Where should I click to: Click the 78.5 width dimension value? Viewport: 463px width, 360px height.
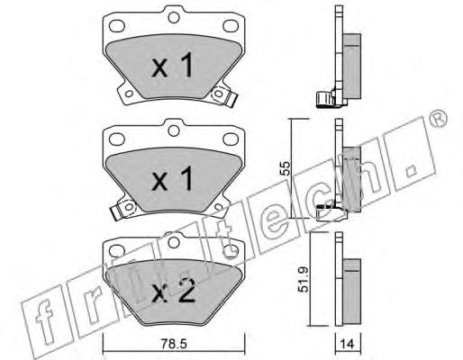click(174, 344)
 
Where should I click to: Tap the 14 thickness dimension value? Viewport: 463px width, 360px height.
click(348, 344)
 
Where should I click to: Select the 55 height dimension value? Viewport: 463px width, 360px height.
click(285, 168)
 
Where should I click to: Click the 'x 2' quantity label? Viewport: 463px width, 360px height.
click(174, 291)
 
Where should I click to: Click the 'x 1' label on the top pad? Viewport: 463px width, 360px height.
click(172, 65)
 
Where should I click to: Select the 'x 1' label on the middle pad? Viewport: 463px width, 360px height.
click(172, 179)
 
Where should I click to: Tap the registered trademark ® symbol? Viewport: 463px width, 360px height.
click(437, 119)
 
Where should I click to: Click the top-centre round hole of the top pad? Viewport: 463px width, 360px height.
click(174, 17)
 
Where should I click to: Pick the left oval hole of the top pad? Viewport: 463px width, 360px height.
click(117, 26)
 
